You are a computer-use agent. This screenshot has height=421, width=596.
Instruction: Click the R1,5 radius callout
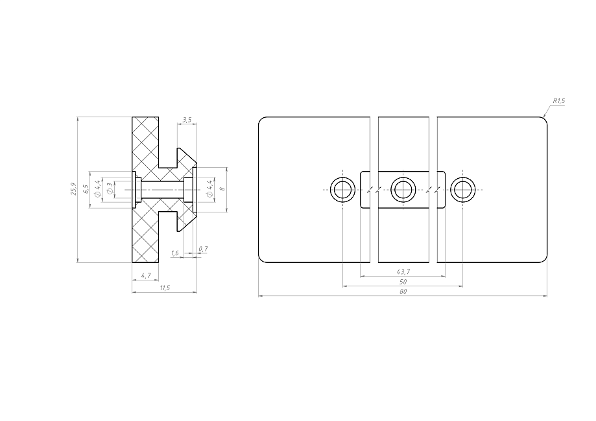coord(558,101)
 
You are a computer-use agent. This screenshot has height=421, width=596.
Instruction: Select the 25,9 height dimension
coord(73,189)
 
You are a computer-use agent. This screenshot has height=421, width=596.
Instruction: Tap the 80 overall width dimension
coord(403,291)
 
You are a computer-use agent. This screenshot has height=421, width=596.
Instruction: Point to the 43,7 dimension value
coord(403,272)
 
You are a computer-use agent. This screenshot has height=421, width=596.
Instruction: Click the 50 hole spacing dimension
coord(403,282)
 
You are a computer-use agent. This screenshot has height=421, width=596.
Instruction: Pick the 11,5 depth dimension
coord(165,288)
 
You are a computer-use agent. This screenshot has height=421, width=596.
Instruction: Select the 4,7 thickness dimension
coord(145,276)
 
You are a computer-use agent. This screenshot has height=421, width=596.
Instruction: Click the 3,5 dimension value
coord(187,120)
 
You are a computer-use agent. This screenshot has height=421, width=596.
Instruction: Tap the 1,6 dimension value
coord(175,253)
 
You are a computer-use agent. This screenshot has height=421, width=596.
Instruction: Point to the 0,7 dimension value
coord(203,249)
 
